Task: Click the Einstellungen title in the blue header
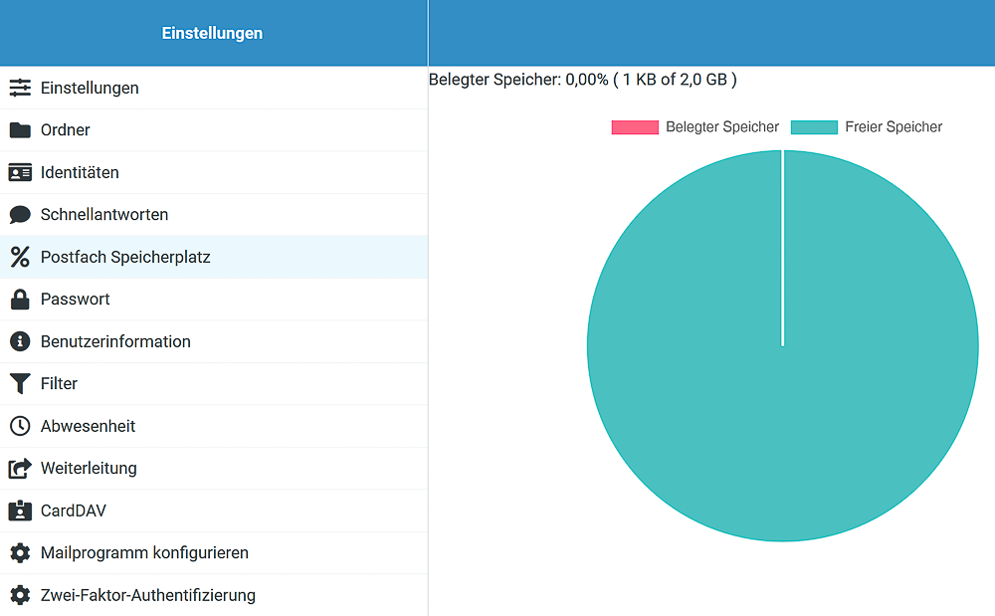pos(212,33)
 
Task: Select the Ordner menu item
pos(65,130)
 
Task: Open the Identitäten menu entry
pos(80,172)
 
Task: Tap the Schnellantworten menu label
pos(104,214)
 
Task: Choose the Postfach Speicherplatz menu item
pos(125,257)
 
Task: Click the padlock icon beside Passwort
pos(20,300)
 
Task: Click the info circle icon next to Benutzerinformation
pos(20,341)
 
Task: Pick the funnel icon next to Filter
pos(20,384)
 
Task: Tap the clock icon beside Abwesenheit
pos(20,426)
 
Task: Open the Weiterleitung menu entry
pos(89,468)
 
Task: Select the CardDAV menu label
pos(73,511)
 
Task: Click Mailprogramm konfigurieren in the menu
pos(144,552)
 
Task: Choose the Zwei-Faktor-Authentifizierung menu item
pos(148,595)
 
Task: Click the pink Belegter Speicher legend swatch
pos(635,127)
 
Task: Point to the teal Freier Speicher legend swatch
pos(814,127)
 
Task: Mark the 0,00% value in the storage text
pos(587,80)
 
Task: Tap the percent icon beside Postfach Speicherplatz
pos(20,257)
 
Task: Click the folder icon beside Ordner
pos(20,130)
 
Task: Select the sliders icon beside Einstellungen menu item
pos(20,88)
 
